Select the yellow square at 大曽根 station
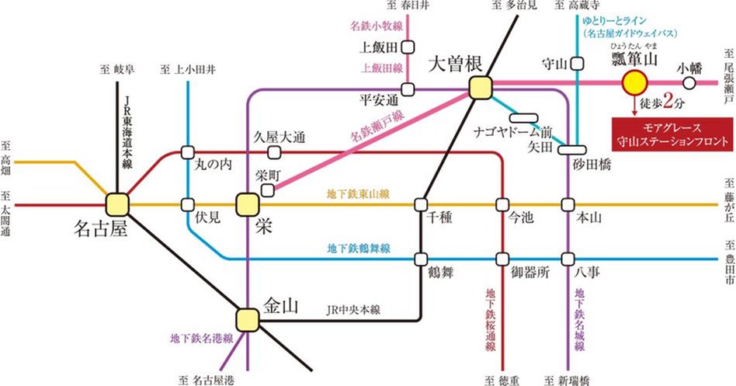coord(480,88)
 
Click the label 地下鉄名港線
coord(201,339)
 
